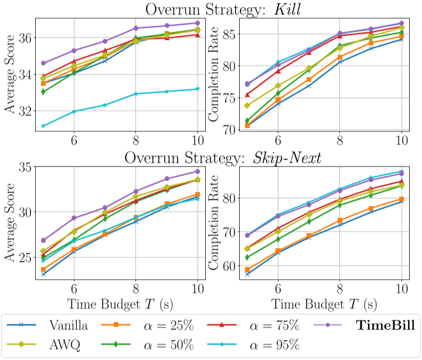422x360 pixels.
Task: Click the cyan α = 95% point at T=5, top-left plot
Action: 43,125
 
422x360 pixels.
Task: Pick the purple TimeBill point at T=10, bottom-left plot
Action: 198,171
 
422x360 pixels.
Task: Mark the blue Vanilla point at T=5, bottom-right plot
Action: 247,274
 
